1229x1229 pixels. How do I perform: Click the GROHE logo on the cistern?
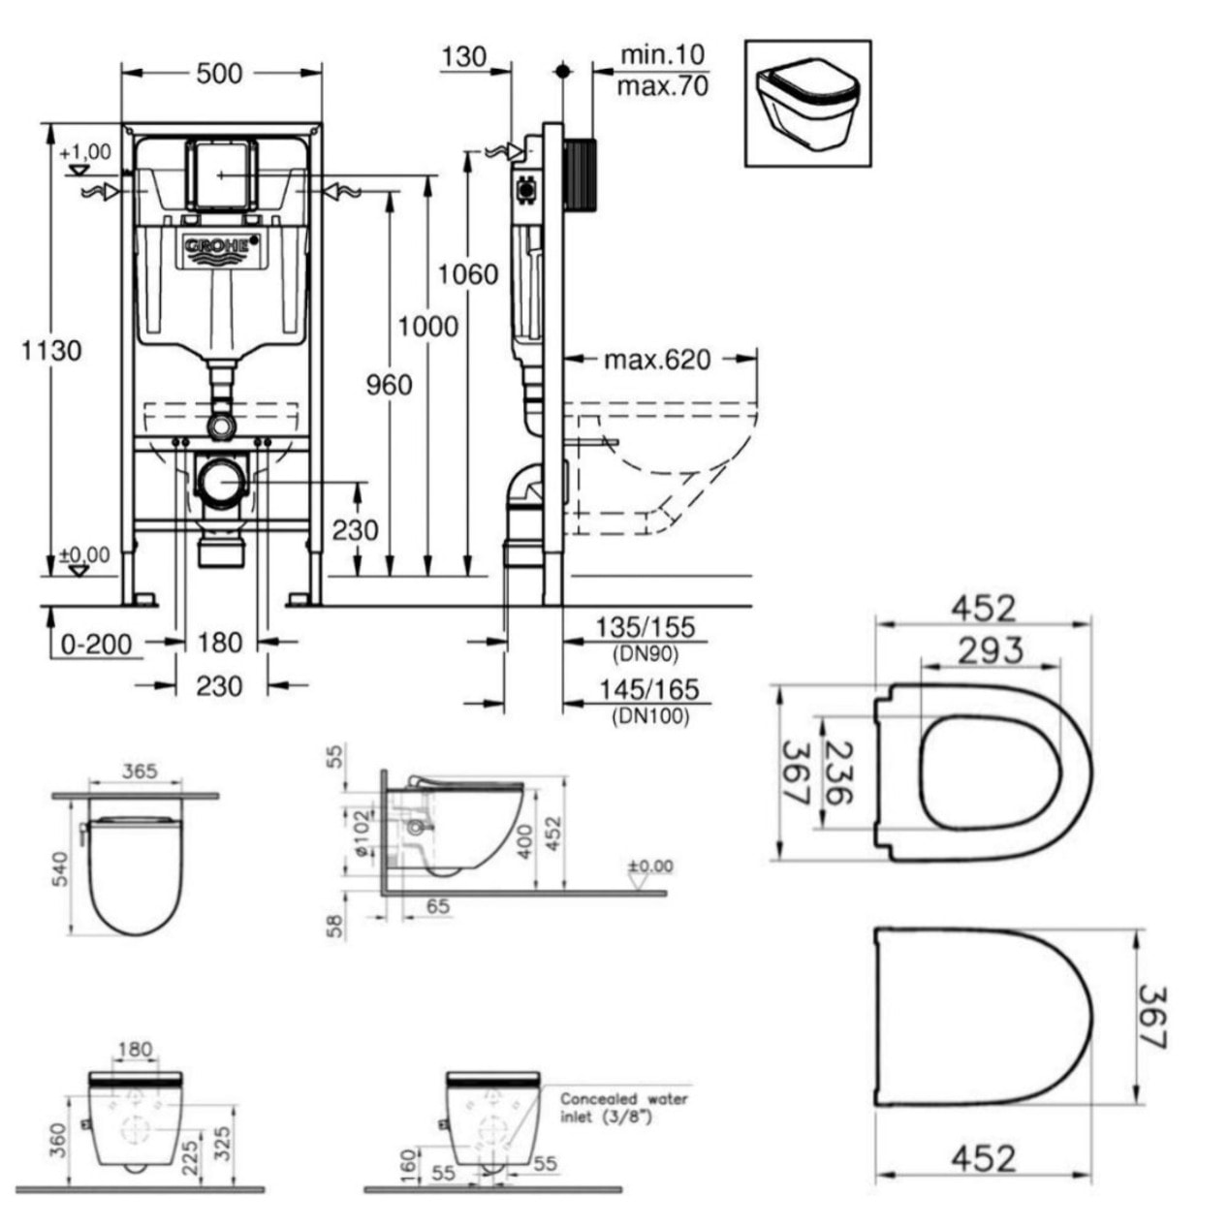[222, 248]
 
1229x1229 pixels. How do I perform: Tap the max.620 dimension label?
[657, 360]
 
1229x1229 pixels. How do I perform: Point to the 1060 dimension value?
[468, 274]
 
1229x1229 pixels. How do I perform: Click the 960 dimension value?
[388, 385]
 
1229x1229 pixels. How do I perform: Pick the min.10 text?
[663, 54]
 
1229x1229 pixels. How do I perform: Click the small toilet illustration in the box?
[806, 103]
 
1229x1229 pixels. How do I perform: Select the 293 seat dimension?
[990, 649]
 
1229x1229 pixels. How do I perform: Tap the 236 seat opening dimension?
[839, 773]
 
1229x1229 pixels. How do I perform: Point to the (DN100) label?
[650, 717]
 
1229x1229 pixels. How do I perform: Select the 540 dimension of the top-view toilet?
[60, 868]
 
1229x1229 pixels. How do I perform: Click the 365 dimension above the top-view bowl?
[141, 772]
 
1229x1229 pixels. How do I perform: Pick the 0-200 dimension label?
[96, 643]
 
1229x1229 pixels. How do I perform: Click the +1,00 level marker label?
[85, 152]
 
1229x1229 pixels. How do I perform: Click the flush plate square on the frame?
[221, 174]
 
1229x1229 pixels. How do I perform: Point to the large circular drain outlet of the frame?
[222, 482]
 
